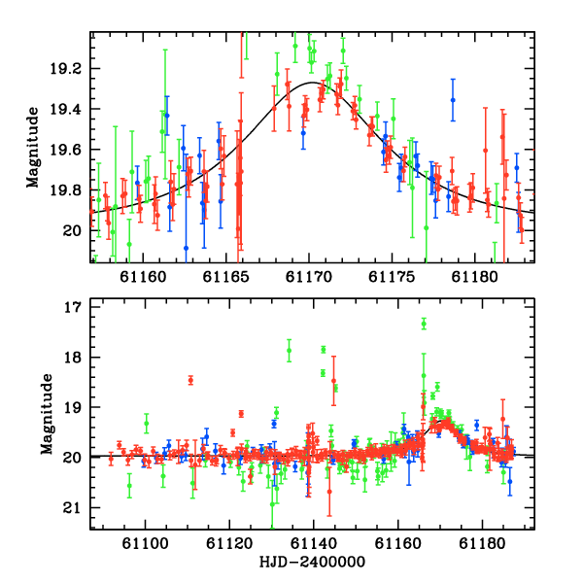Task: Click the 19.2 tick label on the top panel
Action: pyautogui.click(x=65, y=69)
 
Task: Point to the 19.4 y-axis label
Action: pyautogui.click(x=65, y=109)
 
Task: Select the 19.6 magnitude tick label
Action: pyautogui.click(x=65, y=150)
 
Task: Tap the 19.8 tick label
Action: pyautogui.click(x=65, y=190)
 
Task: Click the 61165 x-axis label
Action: pyautogui.click(x=226, y=277)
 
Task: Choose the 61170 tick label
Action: pyautogui.click(x=309, y=277)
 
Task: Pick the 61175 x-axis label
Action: pyautogui.click(x=392, y=277)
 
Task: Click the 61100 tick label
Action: pyautogui.click(x=146, y=543)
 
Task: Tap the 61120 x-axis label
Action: pyautogui.click(x=229, y=543)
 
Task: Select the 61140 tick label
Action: pyautogui.click(x=314, y=543)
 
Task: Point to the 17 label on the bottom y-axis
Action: pyautogui.click(x=73, y=307)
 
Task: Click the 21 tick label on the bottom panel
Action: pyautogui.click(x=72, y=508)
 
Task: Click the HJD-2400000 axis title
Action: pyautogui.click(x=312, y=562)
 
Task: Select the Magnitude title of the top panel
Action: pyautogui.click(x=33, y=148)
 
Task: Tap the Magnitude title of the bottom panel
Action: pyautogui.click(x=47, y=414)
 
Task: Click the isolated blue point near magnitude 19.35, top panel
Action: pyautogui.click(x=453, y=100)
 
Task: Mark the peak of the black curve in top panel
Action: pyautogui.click(x=312, y=83)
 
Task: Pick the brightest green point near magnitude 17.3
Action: pyautogui.click(x=424, y=325)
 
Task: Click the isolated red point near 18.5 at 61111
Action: pyautogui.click(x=190, y=380)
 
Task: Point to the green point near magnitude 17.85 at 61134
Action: pyautogui.click(x=289, y=350)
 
